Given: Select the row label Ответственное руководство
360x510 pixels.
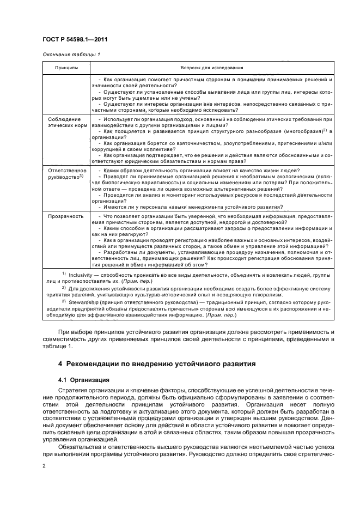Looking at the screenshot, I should click(64, 174).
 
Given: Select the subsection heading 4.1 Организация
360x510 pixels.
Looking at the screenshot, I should click(83, 379).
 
